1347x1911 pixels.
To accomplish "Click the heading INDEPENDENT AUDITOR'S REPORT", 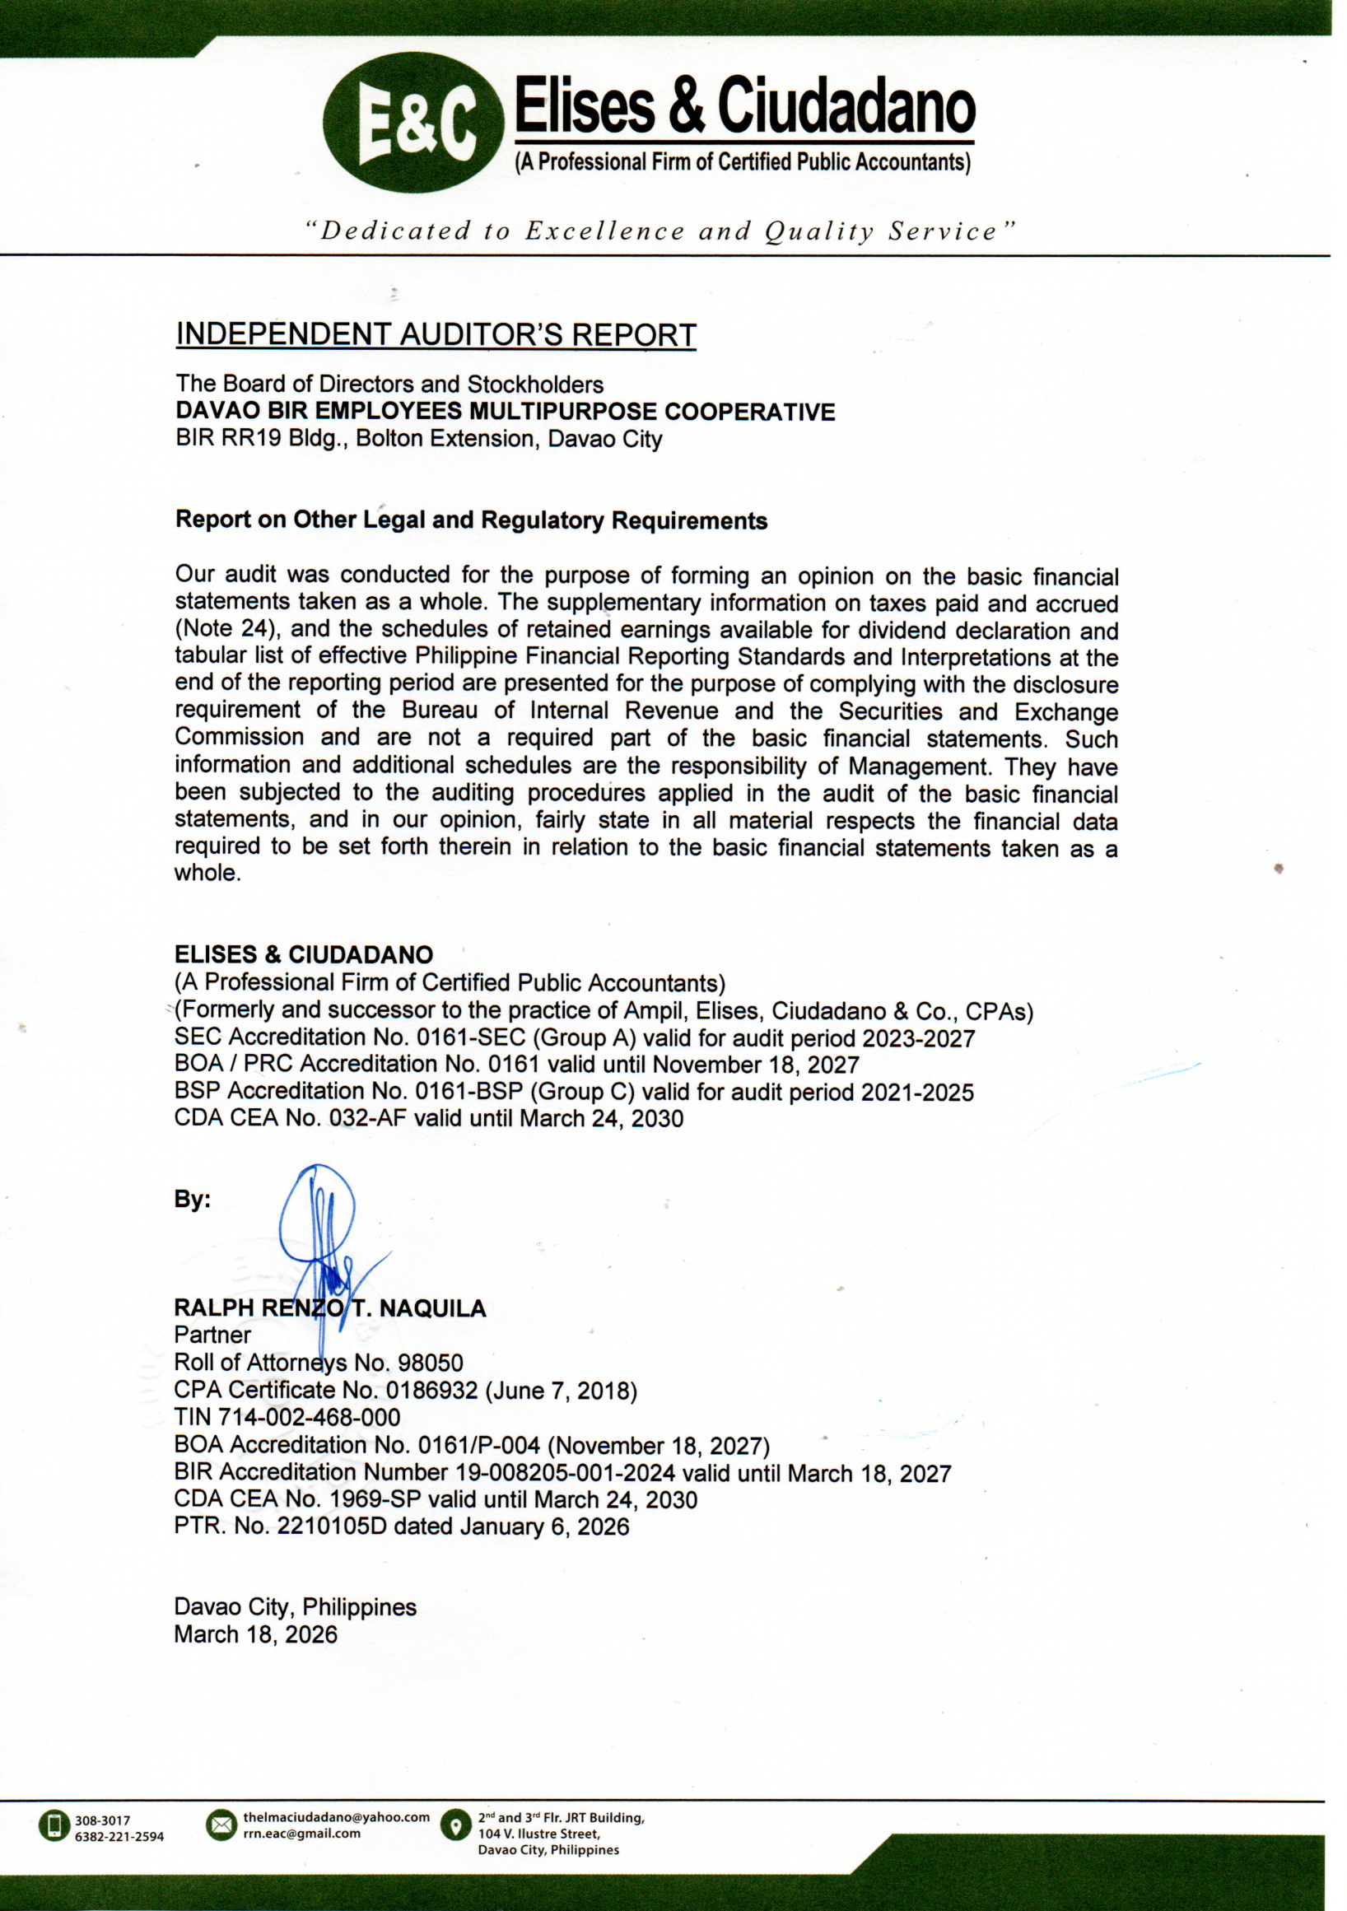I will click(436, 334).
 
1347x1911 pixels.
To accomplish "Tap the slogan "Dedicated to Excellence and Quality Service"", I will click(660, 231).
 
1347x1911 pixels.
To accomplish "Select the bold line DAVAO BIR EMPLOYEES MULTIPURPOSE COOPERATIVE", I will click(505, 411).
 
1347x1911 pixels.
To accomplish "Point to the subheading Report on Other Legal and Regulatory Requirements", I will click(470, 520).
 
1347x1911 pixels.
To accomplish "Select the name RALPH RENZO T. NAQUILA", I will click(329, 1308).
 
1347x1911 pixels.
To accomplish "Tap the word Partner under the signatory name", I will click(212, 1335).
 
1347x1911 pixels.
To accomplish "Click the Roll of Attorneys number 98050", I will click(431, 1363).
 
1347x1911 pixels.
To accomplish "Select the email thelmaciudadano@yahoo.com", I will click(336, 1817).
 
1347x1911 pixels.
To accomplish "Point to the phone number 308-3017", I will click(101, 1820).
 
